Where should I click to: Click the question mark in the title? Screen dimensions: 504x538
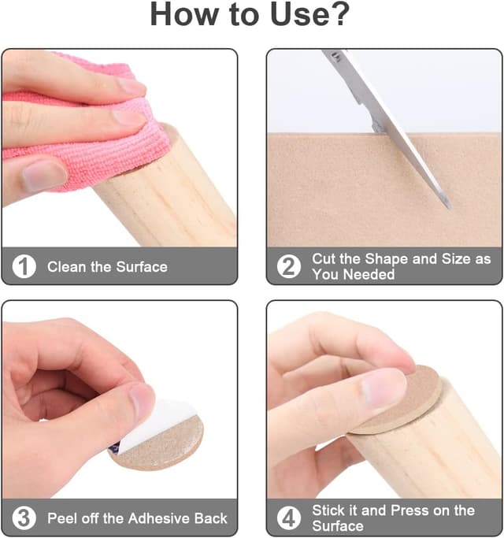tap(339, 14)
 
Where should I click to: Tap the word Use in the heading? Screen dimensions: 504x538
tap(298, 14)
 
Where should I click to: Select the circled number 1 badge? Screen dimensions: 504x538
tap(24, 266)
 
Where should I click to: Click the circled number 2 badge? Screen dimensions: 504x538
tap(289, 266)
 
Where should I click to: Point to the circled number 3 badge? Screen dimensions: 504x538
tap(24, 518)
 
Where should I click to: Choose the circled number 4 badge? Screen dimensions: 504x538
tap(289, 518)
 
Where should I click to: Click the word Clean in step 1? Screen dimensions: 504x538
tap(67, 266)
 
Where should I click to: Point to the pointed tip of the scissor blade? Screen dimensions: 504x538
tap(449, 207)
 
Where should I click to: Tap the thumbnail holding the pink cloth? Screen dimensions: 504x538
tap(43, 176)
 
